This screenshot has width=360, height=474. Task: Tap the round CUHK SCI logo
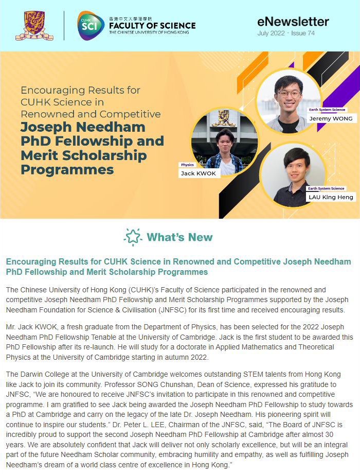[91, 25]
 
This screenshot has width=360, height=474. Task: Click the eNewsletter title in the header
[293, 21]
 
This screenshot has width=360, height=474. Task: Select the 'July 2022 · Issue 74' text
[286, 33]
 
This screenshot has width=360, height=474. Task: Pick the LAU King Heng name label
[331, 197]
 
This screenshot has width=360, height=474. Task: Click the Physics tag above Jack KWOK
[187, 165]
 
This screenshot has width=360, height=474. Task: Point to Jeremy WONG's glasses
[289, 94]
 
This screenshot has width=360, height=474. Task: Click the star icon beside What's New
[133, 237]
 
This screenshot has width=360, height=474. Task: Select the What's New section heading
[179, 237]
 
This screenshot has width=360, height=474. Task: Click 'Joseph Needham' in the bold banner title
[83, 127]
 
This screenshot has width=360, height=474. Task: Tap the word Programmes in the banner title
[67, 169]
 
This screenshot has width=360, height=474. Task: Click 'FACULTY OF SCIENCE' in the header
[152, 25]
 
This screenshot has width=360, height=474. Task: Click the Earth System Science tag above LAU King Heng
[327, 189]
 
